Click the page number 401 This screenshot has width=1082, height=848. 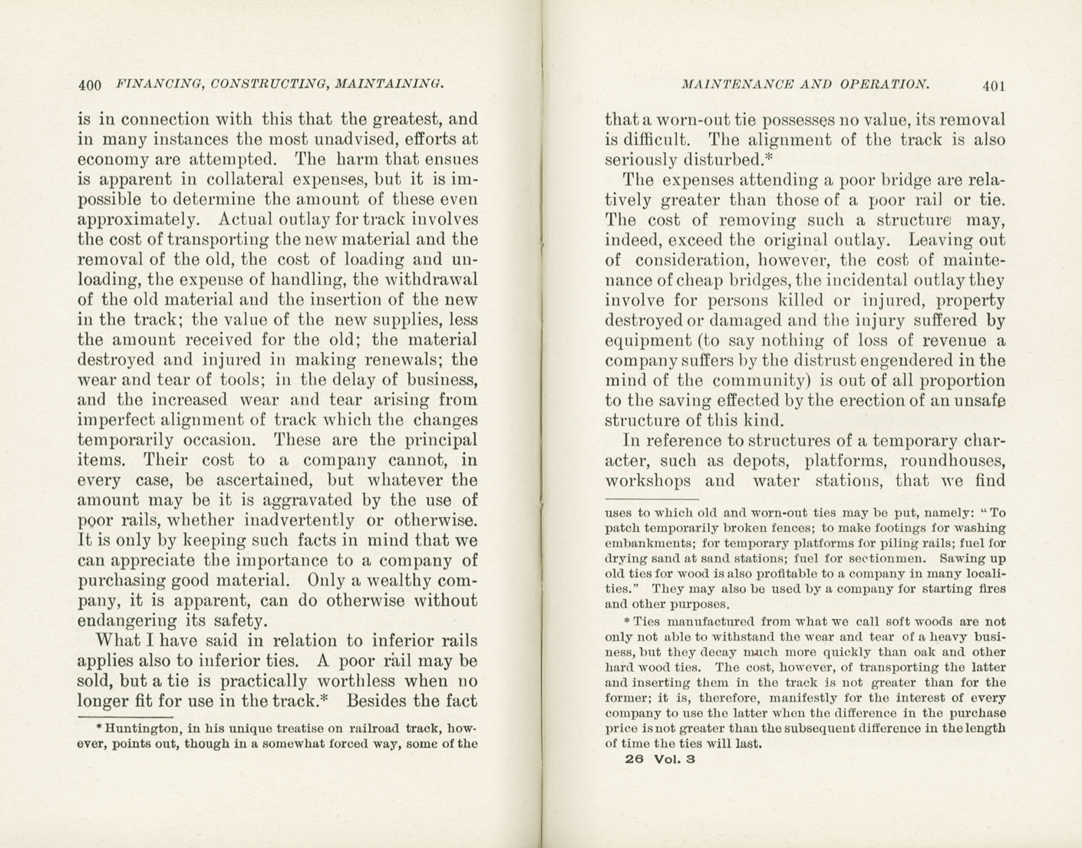pyautogui.click(x=992, y=85)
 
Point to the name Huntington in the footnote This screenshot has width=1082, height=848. pyautogui.click(x=143, y=727)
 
